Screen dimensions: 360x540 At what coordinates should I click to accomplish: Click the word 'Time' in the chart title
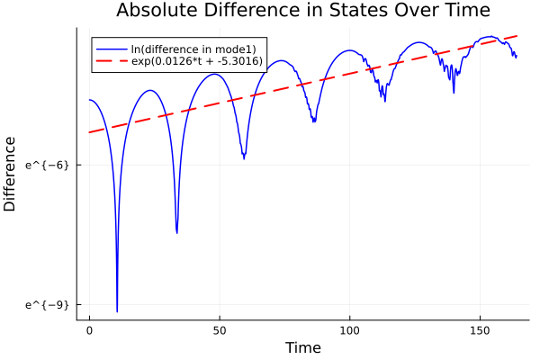click(466, 11)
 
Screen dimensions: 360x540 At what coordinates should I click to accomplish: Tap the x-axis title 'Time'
click(302, 347)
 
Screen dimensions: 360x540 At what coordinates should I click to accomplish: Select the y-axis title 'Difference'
click(10, 174)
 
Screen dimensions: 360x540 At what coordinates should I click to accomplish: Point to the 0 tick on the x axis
click(89, 330)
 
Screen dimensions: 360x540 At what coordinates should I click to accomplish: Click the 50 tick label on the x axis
click(220, 330)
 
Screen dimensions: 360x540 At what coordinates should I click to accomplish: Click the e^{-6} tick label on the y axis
click(48, 165)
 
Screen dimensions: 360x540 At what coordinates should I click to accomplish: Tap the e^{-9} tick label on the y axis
click(48, 305)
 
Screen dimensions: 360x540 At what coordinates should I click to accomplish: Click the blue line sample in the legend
click(112, 48)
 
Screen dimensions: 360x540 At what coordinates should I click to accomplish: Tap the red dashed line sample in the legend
click(112, 61)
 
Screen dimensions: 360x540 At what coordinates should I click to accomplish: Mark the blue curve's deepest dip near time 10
click(117, 311)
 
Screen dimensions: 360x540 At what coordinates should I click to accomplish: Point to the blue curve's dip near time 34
click(176, 233)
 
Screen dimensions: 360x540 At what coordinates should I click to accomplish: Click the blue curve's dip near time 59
click(244, 158)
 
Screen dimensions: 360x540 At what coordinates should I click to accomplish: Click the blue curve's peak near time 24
click(150, 90)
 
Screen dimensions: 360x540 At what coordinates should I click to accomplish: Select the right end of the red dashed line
click(517, 36)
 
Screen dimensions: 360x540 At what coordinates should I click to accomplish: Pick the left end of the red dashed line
click(89, 132)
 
